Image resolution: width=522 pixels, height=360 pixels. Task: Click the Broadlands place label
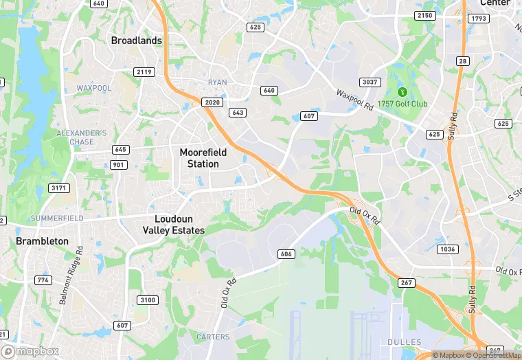(x=137, y=41)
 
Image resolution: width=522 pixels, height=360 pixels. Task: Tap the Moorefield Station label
(x=199, y=158)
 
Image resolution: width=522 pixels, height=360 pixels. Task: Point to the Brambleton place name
(x=43, y=241)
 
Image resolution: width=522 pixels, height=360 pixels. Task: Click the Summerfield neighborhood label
(x=58, y=218)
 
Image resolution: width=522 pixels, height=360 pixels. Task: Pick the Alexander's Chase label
(x=81, y=137)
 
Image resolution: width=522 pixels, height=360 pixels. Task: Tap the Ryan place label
(x=217, y=82)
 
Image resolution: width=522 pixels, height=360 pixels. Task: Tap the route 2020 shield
(x=213, y=102)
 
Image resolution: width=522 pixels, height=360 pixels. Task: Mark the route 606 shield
(x=286, y=254)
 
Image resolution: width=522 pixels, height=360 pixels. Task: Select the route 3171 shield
(x=60, y=188)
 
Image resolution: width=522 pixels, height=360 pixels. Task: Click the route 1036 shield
(x=446, y=249)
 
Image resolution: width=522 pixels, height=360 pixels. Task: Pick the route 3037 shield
(x=370, y=82)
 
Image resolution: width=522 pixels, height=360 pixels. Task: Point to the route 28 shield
(x=463, y=61)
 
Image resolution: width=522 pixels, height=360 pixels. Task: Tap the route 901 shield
(x=119, y=164)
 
